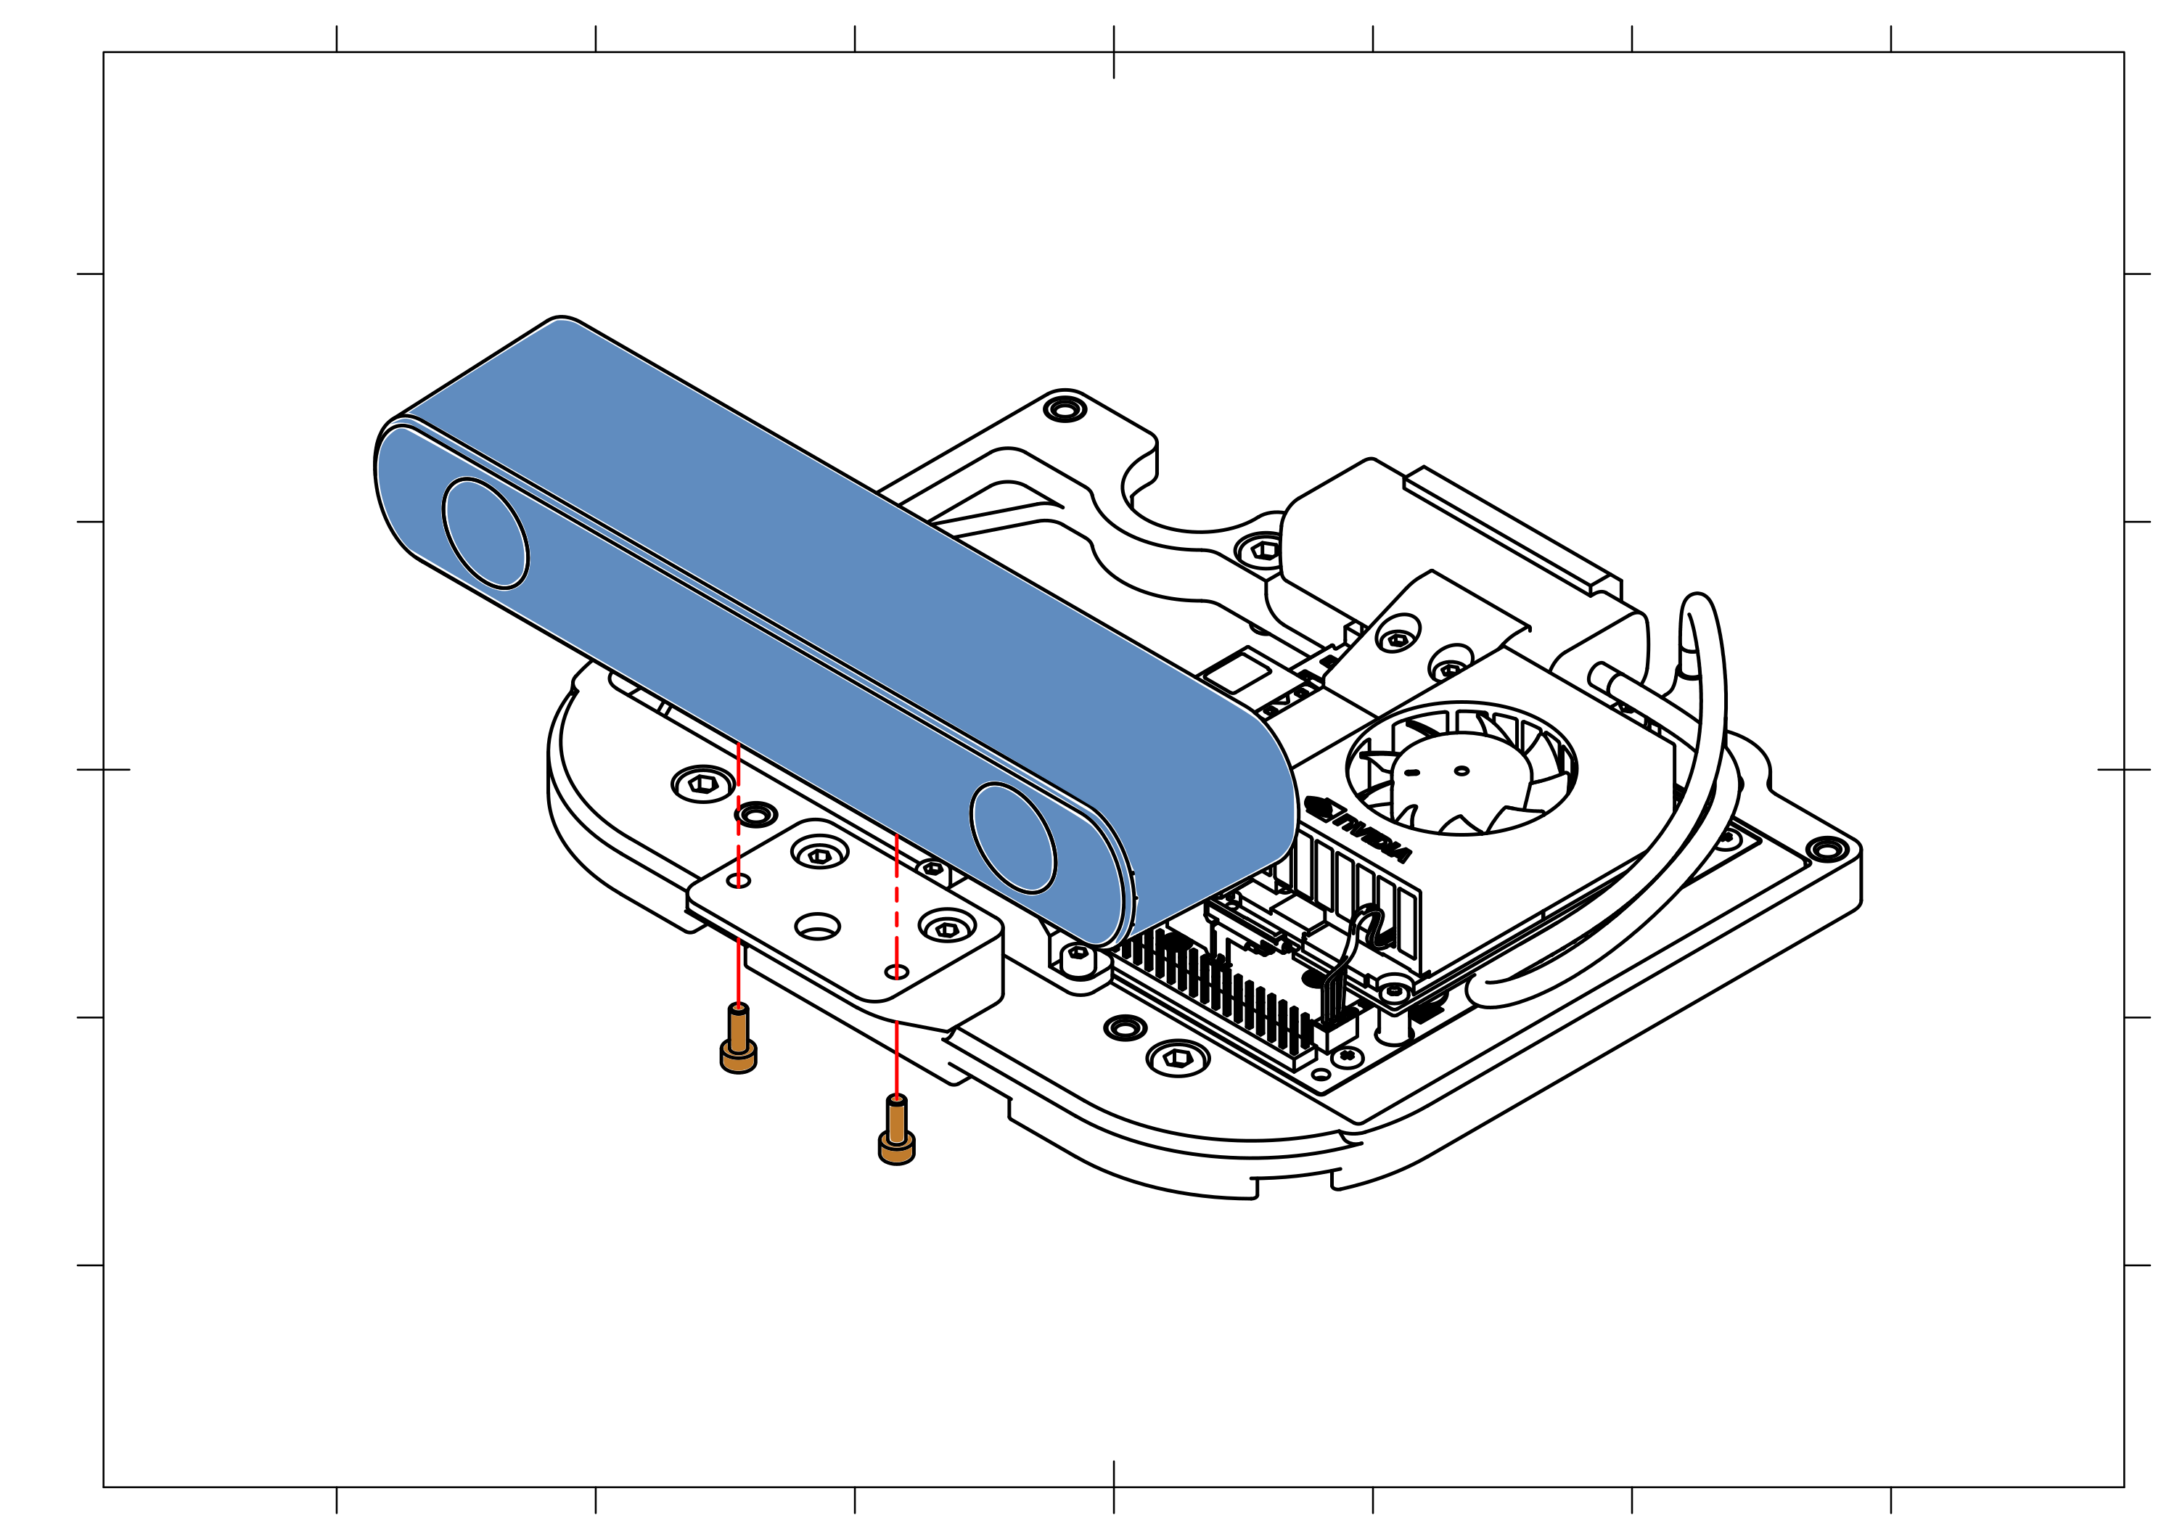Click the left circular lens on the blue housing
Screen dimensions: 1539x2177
tap(485, 533)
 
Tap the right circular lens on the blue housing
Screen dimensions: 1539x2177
tap(1012, 837)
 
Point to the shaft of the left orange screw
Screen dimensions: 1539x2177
tap(738, 1032)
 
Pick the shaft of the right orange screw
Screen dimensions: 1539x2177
tap(896, 1121)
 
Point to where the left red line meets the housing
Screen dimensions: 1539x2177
tap(739, 744)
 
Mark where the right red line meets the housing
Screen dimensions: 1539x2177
tap(896, 834)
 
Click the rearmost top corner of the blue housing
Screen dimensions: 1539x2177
tap(563, 322)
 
